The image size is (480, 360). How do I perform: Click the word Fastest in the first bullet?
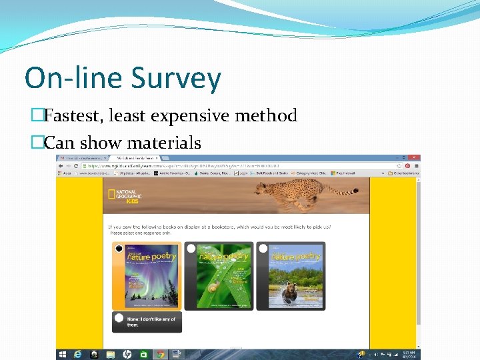pos(71,116)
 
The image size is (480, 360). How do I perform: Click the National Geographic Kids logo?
pos(125,195)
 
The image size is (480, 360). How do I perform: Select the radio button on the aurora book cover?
pos(119,249)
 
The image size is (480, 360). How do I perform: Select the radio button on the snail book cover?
pos(191,249)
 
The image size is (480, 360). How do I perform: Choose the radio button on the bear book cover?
pos(263,249)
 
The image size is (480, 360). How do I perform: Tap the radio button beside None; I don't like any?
pos(119,319)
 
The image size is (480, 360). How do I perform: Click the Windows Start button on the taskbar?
pos(62,354)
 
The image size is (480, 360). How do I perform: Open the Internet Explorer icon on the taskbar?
pos(78,354)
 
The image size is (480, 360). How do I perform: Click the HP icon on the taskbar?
pos(127,354)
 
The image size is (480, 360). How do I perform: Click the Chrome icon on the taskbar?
pos(160,354)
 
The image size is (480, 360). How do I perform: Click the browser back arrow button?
pos(61,165)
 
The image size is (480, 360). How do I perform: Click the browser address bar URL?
pos(173,165)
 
